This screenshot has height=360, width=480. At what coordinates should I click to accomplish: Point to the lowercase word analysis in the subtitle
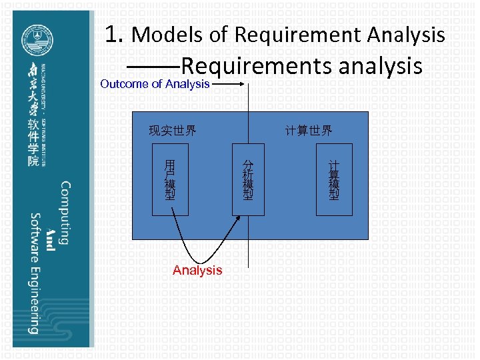(x=381, y=66)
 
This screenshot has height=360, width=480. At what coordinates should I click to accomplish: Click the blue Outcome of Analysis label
(x=155, y=84)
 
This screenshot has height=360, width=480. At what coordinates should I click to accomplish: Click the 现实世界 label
(x=172, y=131)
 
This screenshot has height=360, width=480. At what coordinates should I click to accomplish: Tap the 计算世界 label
(x=309, y=131)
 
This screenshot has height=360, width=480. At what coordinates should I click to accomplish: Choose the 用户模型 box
(x=170, y=179)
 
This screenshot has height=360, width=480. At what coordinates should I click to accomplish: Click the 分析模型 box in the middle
(x=248, y=179)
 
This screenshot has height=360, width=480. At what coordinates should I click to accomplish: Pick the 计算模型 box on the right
(x=333, y=179)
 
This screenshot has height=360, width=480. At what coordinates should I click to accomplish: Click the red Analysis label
(x=197, y=270)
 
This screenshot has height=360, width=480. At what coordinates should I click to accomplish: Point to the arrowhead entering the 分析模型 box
(x=237, y=221)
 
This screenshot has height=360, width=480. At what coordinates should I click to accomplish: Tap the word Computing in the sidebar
(x=65, y=213)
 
